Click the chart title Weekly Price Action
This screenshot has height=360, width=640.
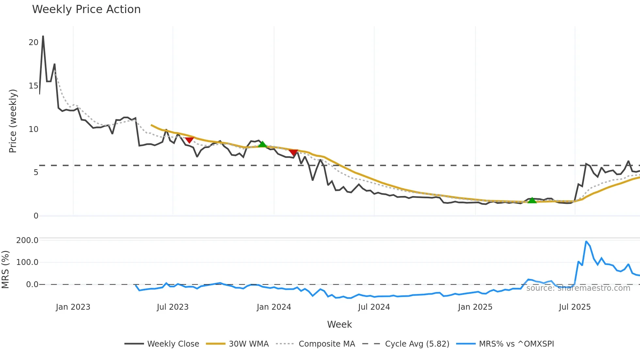86,9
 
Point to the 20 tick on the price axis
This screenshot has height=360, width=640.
33,42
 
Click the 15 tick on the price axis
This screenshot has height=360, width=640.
33,86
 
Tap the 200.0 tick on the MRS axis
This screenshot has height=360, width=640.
27,240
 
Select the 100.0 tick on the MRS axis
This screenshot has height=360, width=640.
27,262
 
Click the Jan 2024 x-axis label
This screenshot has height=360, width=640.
274,307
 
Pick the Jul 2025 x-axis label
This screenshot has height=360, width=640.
575,307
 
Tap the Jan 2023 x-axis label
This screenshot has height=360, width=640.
73,307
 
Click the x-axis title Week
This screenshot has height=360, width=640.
339,324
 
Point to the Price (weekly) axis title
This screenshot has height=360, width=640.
12,121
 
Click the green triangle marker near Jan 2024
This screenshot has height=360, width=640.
262,144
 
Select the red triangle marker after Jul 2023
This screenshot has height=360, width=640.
189,140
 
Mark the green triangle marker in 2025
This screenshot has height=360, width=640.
532,200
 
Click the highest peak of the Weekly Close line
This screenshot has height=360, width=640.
43,36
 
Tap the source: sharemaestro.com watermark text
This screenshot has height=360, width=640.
578,288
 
